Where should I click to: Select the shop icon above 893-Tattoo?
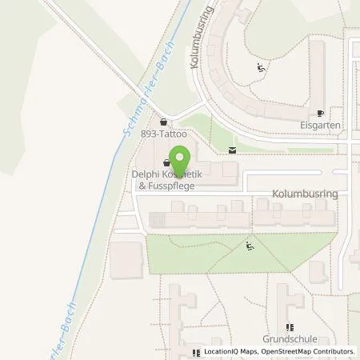(x=164, y=122)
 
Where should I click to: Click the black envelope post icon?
(x=233, y=150)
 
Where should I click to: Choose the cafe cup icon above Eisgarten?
(x=320, y=114)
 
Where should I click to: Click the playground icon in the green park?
(x=250, y=246)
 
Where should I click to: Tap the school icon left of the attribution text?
(x=196, y=352)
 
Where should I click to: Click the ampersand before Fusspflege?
(x=142, y=186)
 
